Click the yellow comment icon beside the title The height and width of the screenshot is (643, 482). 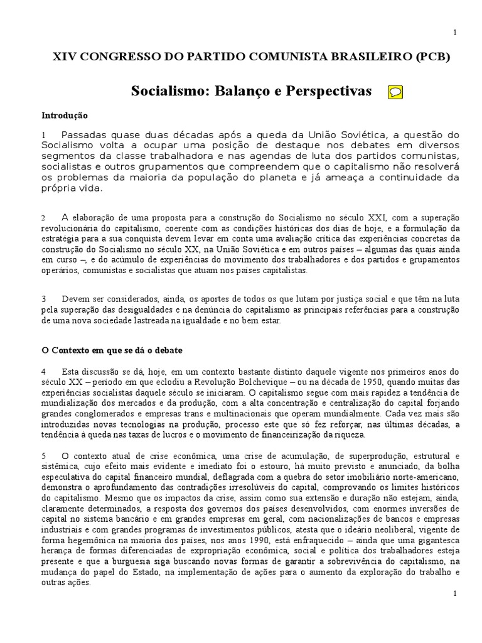click(395, 92)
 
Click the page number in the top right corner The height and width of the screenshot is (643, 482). click(454, 32)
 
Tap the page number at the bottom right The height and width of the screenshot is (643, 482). click(454, 593)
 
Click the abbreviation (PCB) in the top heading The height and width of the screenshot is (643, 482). click(432, 56)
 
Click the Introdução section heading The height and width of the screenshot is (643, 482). click(65, 116)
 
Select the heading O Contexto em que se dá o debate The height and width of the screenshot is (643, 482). click(111, 350)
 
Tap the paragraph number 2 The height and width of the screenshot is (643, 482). click(44, 217)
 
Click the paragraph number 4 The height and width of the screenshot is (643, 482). click(44, 371)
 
